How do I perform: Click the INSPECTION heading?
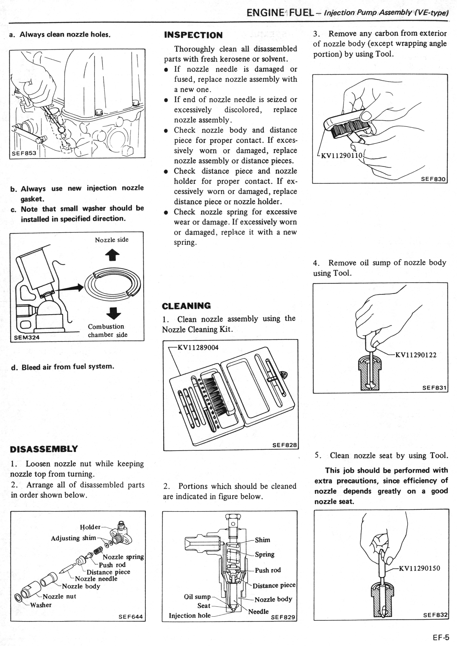pyautogui.click(x=193, y=35)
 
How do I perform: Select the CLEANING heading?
pyautogui.click(x=186, y=306)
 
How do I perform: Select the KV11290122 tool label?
pyautogui.click(x=416, y=355)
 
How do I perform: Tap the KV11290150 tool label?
pyautogui.click(x=419, y=568)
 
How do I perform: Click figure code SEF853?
pyautogui.click(x=24, y=153)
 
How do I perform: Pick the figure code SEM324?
pyautogui.click(x=27, y=337)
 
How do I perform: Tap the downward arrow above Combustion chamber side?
pyautogui.click(x=114, y=313)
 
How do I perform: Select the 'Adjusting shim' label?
pyautogui.click(x=73, y=538)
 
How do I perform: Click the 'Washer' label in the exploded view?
pyautogui.click(x=41, y=605)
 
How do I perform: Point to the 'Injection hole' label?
pyautogui.click(x=190, y=616)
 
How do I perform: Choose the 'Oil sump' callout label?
pyautogui.click(x=197, y=597)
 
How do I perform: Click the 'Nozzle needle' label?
pyautogui.click(x=96, y=579)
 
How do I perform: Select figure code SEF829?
pyautogui.click(x=283, y=617)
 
